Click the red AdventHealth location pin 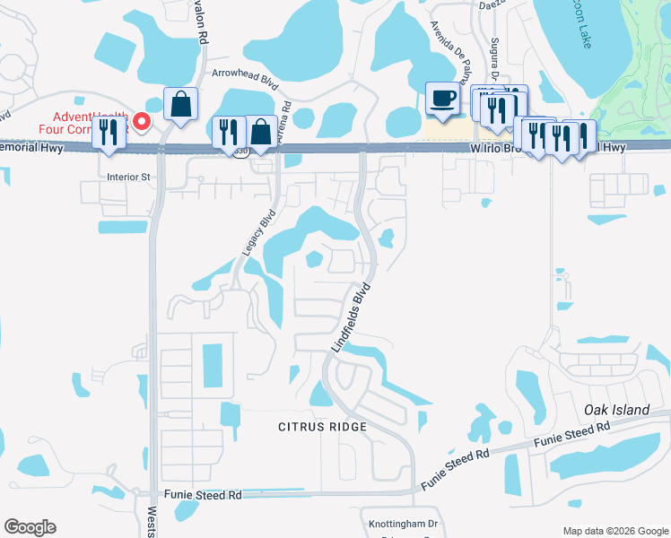coord(141,120)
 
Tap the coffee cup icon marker coord(442,99)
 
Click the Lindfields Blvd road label coord(352,318)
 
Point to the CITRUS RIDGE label coord(322,427)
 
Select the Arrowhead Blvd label coord(244,78)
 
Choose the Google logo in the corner coord(30,527)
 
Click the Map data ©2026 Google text coord(614,531)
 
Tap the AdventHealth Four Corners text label coord(81,120)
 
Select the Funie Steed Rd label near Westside coord(203,494)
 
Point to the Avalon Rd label coord(203,22)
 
